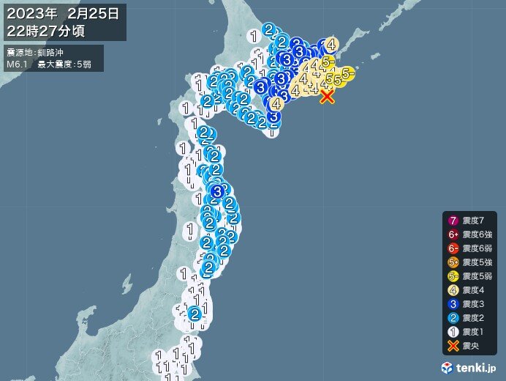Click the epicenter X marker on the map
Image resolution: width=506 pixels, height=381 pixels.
pyautogui.click(x=327, y=96)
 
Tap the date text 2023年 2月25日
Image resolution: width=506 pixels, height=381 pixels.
pyautogui.click(x=64, y=12)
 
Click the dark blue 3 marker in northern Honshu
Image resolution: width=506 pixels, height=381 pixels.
pyautogui.click(x=216, y=192)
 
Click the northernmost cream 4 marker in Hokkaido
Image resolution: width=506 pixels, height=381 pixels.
pyautogui.click(x=331, y=44)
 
